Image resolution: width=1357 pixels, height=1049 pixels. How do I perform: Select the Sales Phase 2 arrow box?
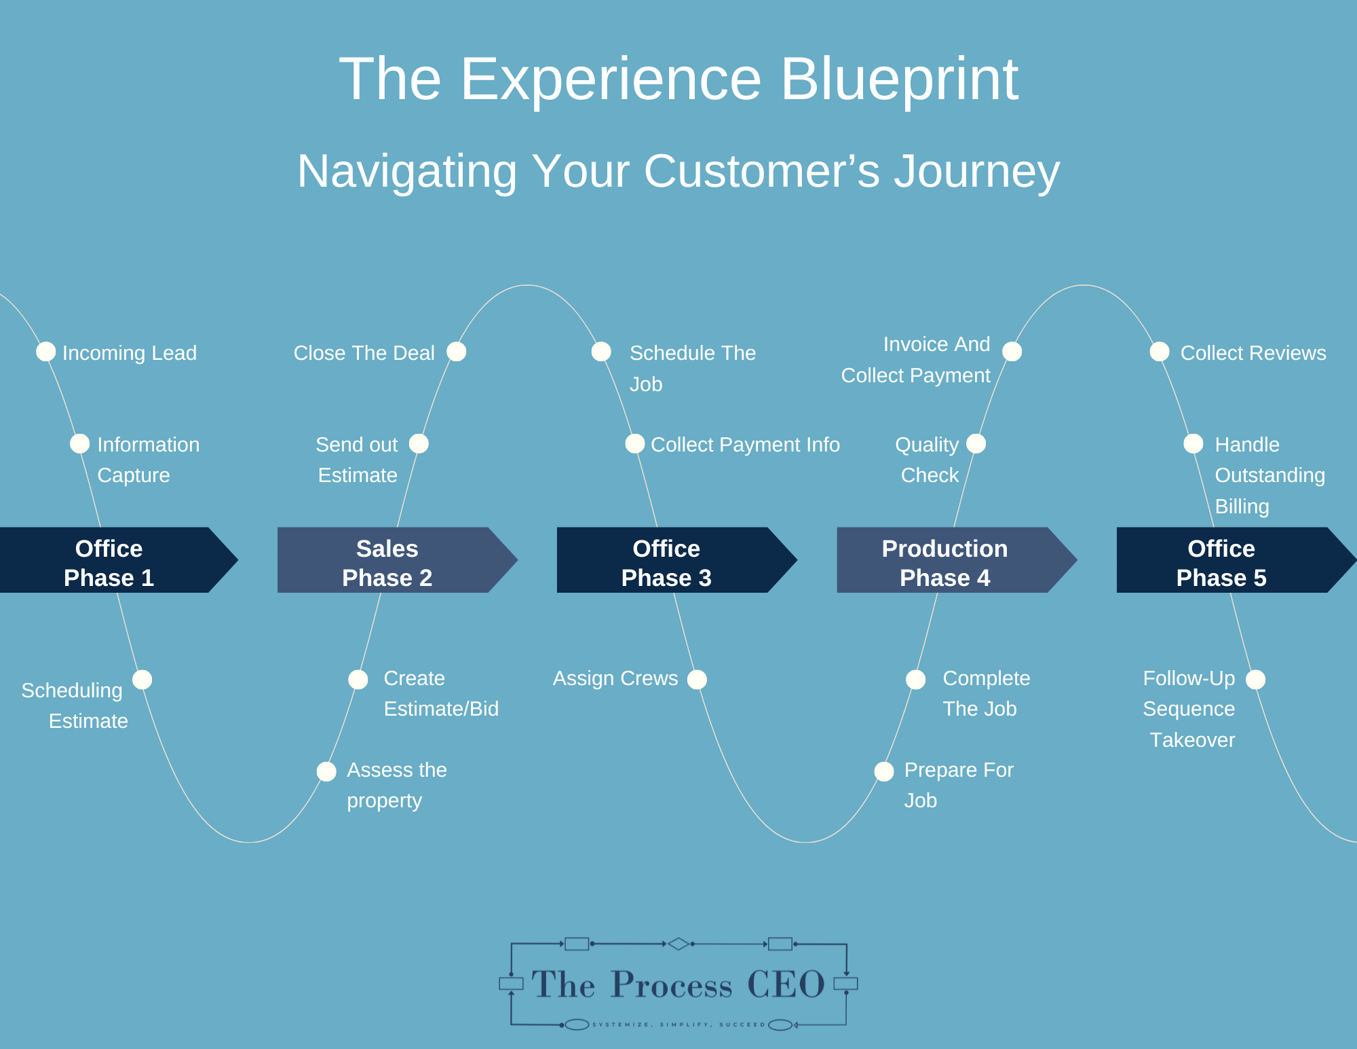(x=387, y=561)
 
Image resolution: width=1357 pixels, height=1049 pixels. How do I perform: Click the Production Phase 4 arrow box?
(x=944, y=561)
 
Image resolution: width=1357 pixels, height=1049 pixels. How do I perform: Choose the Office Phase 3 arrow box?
(x=666, y=561)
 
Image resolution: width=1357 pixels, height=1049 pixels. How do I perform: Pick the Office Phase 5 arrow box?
(x=1221, y=561)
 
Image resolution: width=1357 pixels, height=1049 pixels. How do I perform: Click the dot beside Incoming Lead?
(x=46, y=352)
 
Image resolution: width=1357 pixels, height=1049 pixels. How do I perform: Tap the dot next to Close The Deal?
(x=457, y=352)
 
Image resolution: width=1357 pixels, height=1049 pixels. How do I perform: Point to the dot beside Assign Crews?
(x=697, y=680)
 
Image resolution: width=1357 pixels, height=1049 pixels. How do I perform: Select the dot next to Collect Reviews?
(x=1160, y=352)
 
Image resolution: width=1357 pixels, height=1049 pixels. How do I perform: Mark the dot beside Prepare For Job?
(x=884, y=771)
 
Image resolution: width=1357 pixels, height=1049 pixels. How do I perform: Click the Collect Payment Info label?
(x=745, y=445)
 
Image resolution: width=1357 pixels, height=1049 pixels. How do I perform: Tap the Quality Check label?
(x=928, y=460)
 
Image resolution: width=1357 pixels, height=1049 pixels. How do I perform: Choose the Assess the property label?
(x=396, y=785)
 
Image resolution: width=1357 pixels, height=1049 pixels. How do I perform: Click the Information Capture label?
(x=148, y=460)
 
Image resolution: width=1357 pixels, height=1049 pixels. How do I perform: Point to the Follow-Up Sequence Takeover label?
(x=1189, y=709)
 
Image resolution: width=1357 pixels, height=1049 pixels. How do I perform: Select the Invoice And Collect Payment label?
(x=916, y=360)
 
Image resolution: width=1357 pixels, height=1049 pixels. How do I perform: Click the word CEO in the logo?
(x=786, y=984)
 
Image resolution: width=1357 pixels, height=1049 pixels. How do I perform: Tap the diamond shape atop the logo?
(x=678, y=944)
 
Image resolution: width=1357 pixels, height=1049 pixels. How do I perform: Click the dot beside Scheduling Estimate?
(x=142, y=680)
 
